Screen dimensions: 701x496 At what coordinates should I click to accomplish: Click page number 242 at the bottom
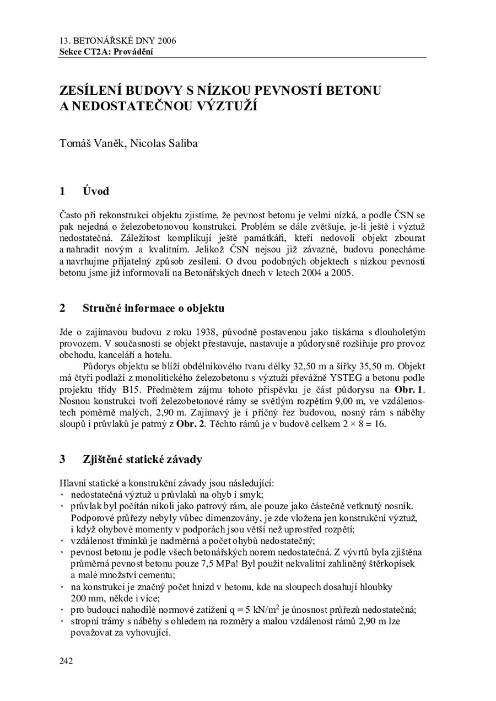[x=66, y=661]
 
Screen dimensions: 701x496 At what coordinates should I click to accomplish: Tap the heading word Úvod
[x=96, y=191]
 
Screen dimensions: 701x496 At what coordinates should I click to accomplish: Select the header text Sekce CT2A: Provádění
[x=106, y=52]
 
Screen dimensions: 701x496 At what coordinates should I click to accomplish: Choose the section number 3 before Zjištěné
[x=62, y=459]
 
